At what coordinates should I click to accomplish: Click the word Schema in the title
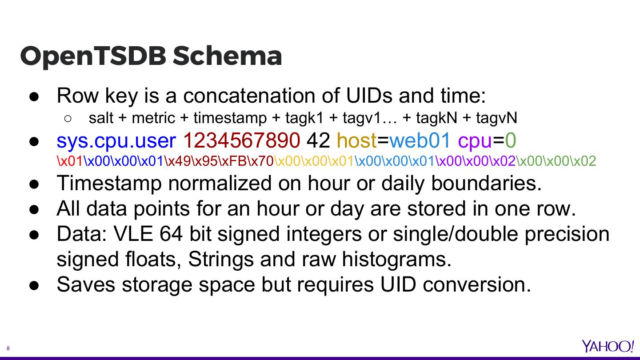(x=227, y=56)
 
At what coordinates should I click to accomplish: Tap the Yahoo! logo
(x=608, y=346)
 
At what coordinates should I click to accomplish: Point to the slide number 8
(x=8, y=348)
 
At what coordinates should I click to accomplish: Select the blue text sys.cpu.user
(x=116, y=140)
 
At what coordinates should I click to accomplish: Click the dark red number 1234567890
(x=241, y=140)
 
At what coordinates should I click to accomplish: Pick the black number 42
(x=318, y=140)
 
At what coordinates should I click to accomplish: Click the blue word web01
(x=420, y=140)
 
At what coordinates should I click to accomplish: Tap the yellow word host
(x=356, y=140)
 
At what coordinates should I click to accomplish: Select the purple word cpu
(x=475, y=140)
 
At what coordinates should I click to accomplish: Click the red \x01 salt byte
(x=70, y=161)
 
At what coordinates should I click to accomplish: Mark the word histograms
(x=396, y=259)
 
